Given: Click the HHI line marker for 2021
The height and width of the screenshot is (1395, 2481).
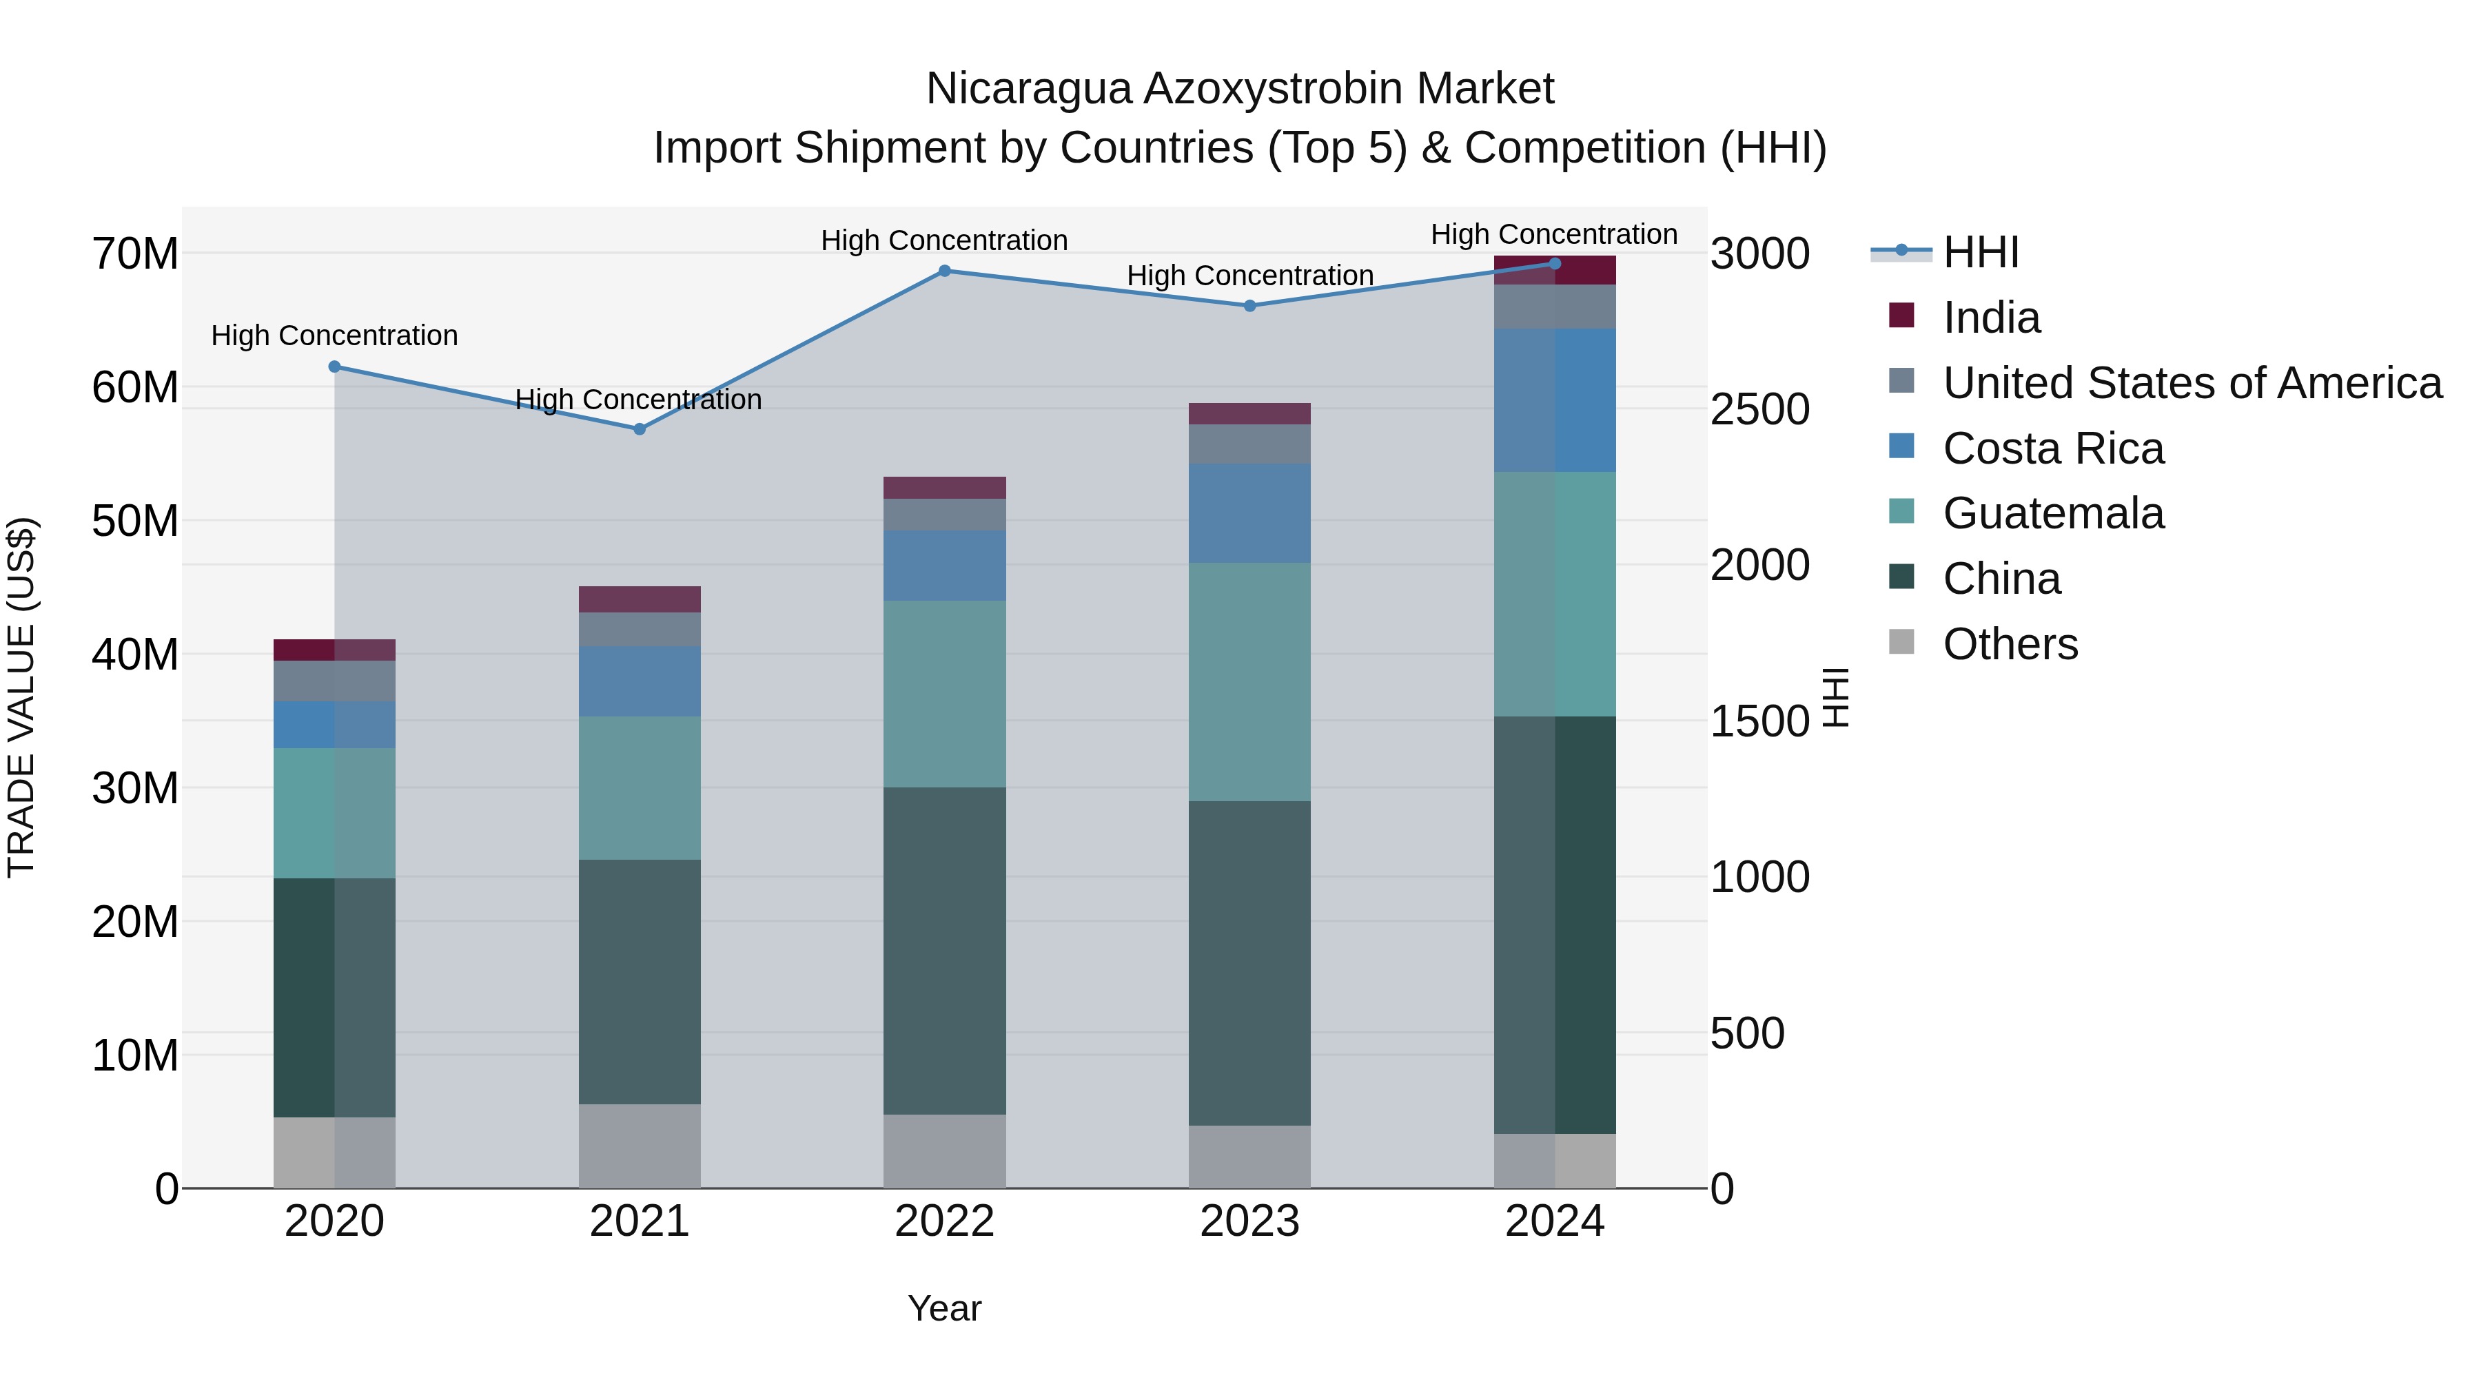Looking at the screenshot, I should point(640,429).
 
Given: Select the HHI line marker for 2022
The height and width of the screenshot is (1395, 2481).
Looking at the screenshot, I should point(945,271).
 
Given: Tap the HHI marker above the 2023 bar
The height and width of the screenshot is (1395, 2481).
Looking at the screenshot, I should point(1250,306).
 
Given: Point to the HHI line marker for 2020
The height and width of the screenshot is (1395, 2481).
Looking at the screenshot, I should point(334,366).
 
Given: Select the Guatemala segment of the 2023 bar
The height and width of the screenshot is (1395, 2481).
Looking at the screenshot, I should point(1250,681).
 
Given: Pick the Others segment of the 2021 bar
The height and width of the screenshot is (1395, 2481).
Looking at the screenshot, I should point(640,1146).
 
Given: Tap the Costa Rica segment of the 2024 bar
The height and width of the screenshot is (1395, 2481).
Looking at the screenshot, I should point(1555,400).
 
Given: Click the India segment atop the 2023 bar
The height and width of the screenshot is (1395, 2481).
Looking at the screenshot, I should point(1250,414).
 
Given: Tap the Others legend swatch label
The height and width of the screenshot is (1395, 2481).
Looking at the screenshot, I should point(2010,644).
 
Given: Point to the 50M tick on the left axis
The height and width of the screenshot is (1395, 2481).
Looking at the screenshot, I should point(135,521).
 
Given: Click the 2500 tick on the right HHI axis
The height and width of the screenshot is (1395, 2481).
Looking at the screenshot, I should point(1759,409).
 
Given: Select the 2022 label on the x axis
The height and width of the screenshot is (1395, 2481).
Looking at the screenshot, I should point(945,1221).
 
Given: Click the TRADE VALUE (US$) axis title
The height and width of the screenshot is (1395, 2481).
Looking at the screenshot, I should point(21,697).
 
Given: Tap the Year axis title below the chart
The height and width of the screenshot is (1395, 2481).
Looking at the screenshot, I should point(945,1308).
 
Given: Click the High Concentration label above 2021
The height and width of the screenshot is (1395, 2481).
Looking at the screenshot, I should point(639,399).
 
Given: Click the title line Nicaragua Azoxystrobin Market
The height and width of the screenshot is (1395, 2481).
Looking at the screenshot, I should point(1240,89).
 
